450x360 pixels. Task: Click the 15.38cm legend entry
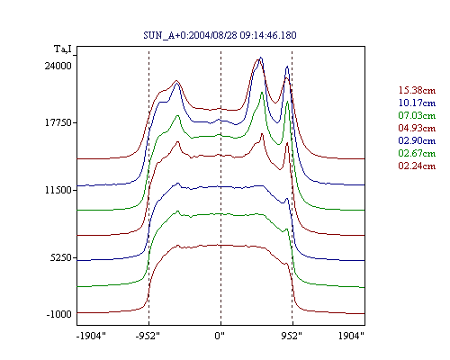(x=417, y=90)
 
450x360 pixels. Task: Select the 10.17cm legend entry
(x=417, y=103)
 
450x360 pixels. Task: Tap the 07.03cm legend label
(x=417, y=115)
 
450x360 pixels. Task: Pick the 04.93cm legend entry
(x=417, y=128)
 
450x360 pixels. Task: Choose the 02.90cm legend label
(x=417, y=140)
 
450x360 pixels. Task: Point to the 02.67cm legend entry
(x=417, y=153)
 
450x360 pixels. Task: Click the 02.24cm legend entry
(x=417, y=166)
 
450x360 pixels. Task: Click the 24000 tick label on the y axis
(x=58, y=66)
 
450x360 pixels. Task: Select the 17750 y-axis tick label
(x=58, y=122)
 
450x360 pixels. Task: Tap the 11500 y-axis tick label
(x=58, y=190)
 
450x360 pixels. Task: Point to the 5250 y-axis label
(x=61, y=257)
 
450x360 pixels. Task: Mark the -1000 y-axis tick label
(x=58, y=314)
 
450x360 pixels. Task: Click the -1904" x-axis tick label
(x=91, y=336)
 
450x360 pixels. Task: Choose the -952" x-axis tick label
(x=148, y=336)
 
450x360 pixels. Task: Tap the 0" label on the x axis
(x=220, y=336)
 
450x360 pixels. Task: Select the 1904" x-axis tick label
(x=351, y=336)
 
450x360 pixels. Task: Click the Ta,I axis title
(x=63, y=49)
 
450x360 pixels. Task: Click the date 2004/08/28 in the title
(x=213, y=35)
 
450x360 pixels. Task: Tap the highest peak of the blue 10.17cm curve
(x=261, y=58)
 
